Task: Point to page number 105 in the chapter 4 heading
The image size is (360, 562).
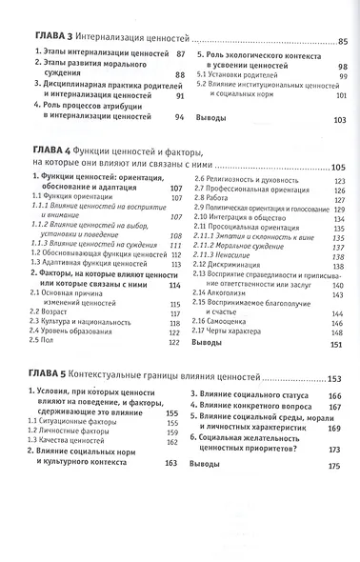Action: pyautogui.click(x=340, y=169)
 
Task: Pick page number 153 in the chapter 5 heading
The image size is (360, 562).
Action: pyautogui.click(x=339, y=377)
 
